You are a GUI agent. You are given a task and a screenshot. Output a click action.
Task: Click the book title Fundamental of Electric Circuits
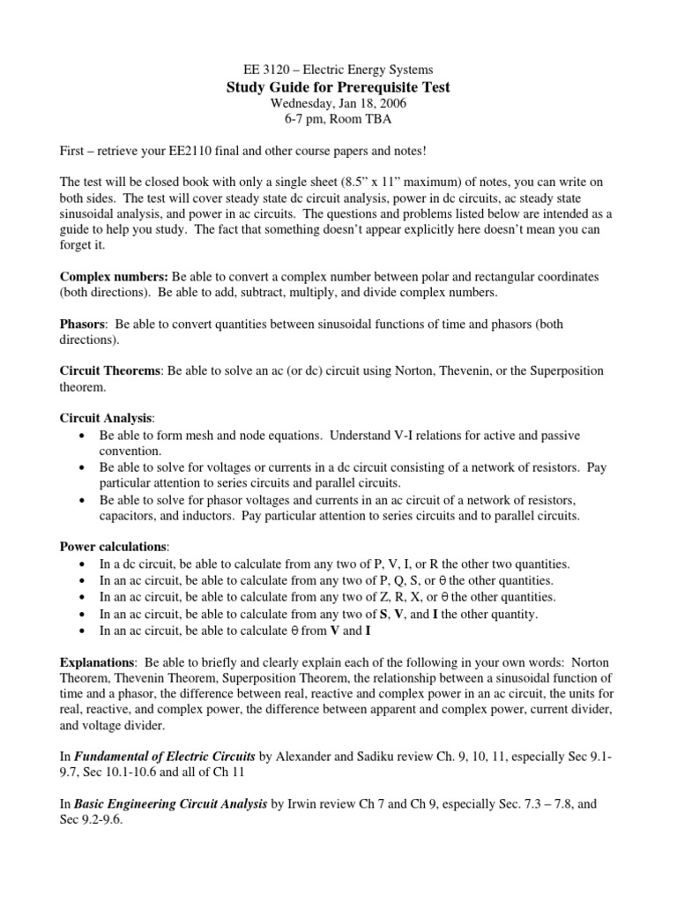(165, 757)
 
